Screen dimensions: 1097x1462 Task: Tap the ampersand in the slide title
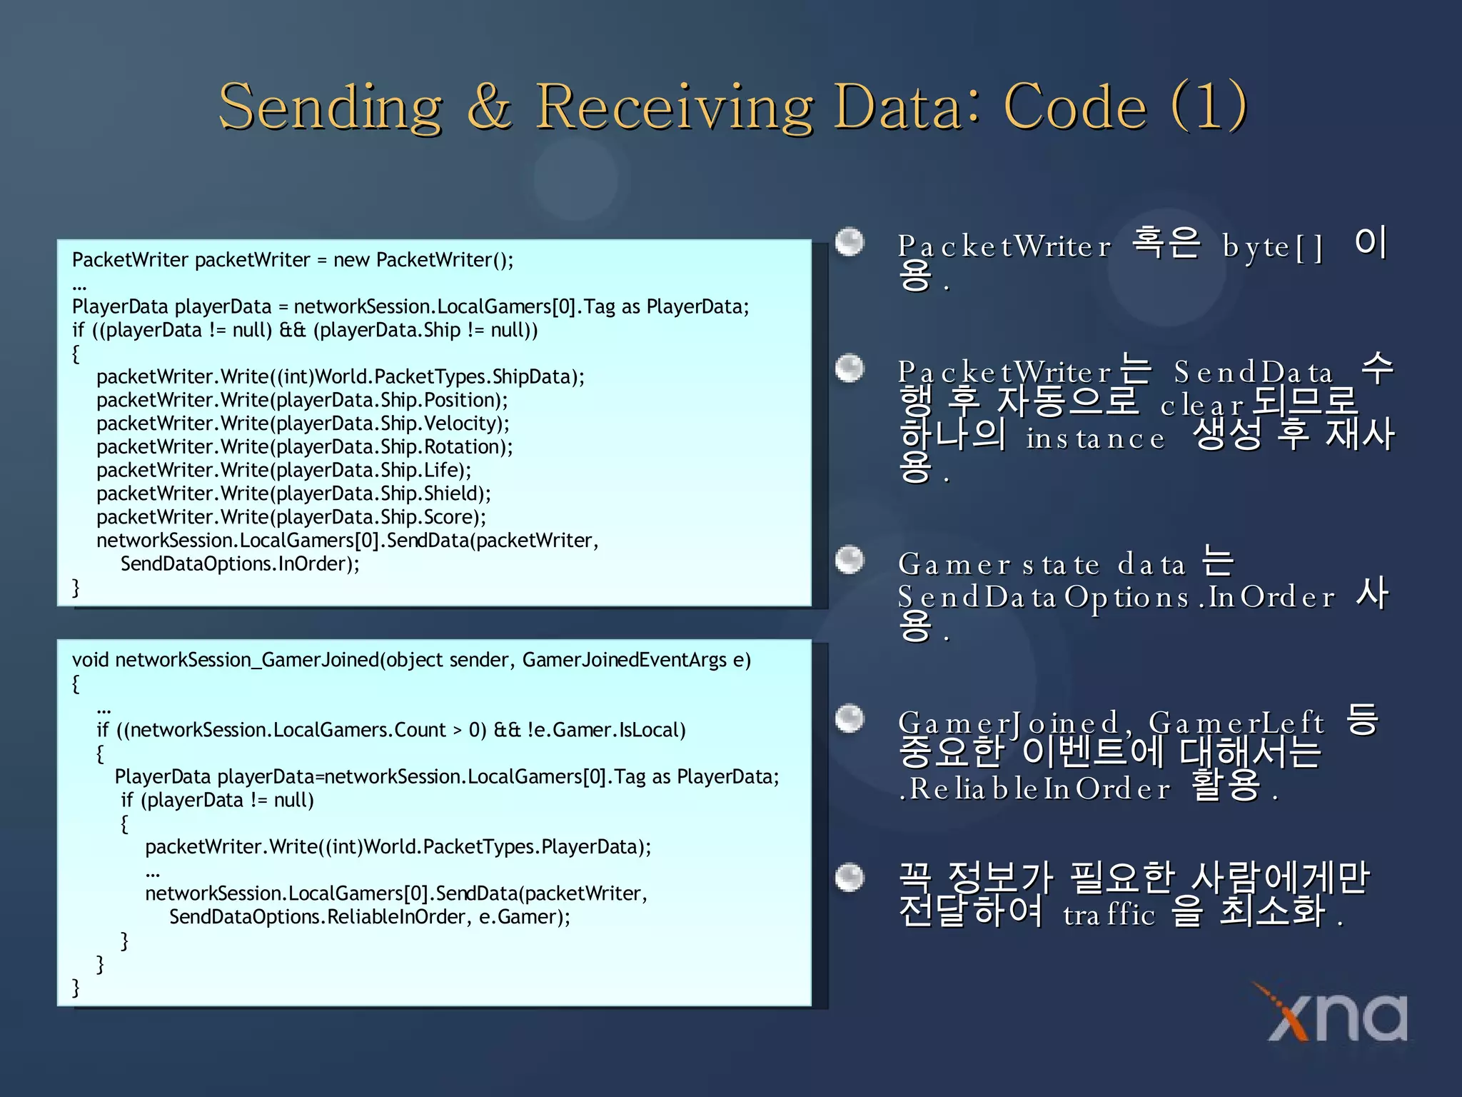tap(490, 107)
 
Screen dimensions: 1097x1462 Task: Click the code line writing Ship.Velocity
tap(303, 424)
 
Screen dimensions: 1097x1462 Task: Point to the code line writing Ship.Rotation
tap(304, 447)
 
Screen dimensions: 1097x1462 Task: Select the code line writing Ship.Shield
tap(293, 494)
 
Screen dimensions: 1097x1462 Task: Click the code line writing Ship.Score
tap(291, 517)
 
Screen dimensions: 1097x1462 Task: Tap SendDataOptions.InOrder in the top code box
tap(239, 564)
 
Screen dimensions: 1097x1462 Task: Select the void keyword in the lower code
tap(90, 660)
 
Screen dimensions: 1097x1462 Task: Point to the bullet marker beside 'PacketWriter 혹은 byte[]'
tap(850, 242)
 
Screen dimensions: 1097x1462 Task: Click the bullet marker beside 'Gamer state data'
tap(850, 559)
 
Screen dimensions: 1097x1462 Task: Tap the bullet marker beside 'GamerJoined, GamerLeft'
tap(850, 718)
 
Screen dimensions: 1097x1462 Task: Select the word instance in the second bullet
tap(1095, 439)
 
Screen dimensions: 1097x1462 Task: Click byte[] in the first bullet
tap(1272, 247)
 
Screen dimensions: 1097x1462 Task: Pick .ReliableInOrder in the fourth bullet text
tap(1034, 789)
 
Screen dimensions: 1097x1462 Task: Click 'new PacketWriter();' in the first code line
tap(423, 260)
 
